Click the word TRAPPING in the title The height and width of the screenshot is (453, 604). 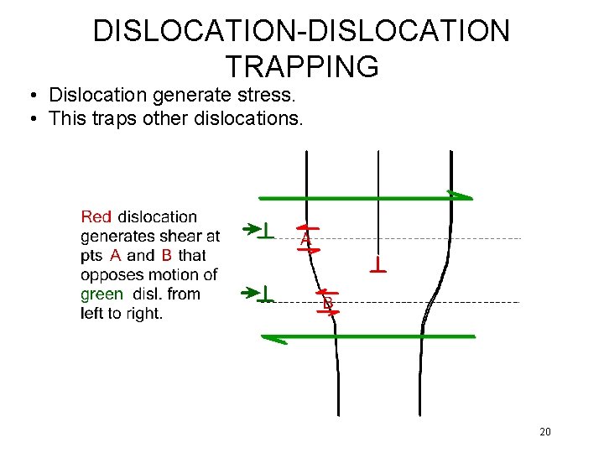302,65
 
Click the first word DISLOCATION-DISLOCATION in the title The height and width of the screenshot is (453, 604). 301,31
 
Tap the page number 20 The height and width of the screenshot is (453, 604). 545,432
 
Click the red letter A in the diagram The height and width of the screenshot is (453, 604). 306,240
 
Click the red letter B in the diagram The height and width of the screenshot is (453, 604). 328,302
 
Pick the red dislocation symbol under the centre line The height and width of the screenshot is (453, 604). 378,266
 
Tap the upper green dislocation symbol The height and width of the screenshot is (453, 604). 266,229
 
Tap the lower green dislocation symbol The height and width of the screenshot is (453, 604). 266,294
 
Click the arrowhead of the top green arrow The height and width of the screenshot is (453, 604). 460,196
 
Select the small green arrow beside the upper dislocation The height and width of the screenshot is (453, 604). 249,228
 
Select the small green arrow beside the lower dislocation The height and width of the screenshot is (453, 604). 249,293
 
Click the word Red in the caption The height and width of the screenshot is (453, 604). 96,217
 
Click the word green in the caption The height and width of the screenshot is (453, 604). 102,294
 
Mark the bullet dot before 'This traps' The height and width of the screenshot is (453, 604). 33,119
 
